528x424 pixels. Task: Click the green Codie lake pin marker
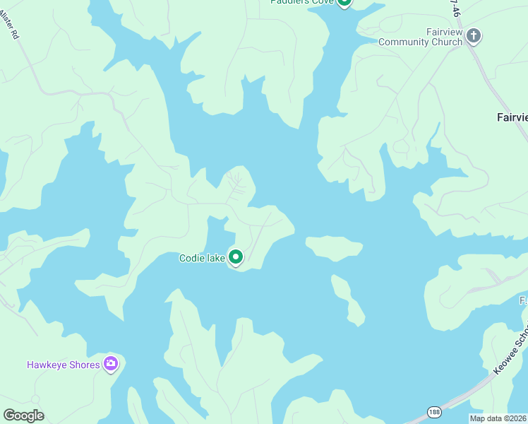(236, 258)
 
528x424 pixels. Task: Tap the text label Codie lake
(201, 258)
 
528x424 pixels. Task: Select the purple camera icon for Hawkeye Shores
(111, 364)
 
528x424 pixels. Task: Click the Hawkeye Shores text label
(64, 365)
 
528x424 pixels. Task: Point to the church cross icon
(474, 36)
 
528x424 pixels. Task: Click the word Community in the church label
(404, 42)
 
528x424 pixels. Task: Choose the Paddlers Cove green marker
(344, 2)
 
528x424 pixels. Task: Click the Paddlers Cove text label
(301, 2)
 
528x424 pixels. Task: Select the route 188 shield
(433, 411)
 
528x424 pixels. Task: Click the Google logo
(23, 415)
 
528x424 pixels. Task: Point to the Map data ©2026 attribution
(497, 418)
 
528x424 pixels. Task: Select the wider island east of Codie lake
(335, 247)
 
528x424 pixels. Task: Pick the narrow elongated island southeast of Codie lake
(348, 300)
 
